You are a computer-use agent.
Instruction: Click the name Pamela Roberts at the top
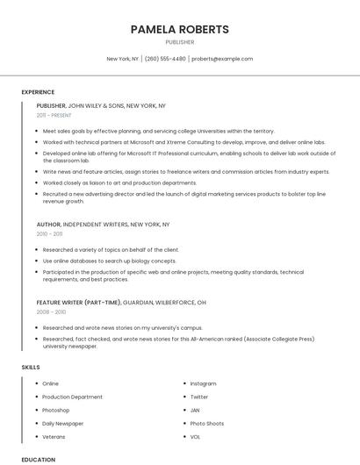[x=179, y=29]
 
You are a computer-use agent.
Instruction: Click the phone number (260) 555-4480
[x=165, y=59]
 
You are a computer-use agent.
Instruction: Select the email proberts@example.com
[x=222, y=59]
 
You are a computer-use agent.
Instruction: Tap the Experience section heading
[x=38, y=92]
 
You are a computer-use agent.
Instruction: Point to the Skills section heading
[x=31, y=367]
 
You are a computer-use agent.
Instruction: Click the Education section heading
[x=39, y=459]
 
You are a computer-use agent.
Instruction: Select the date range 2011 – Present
[x=54, y=115]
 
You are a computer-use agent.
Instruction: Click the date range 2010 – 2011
[x=49, y=234]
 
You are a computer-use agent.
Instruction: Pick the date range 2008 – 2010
[x=51, y=311]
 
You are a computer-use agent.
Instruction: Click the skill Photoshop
[x=55, y=410]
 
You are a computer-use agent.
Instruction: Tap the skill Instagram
[x=203, y=383]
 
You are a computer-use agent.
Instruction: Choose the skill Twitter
[x=199, y=397]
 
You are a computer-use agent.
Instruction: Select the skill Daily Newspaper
[x=62, y=423]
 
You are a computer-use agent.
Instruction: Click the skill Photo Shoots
[x=206, y=423]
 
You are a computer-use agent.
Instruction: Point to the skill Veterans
[x=54, y=436]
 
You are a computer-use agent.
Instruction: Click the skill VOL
[x=195, y=436]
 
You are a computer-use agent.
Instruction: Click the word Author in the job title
[x=48, y=225]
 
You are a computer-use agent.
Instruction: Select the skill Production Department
[x=72, y=397]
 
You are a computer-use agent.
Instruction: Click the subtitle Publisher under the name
[x=179, y=41]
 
